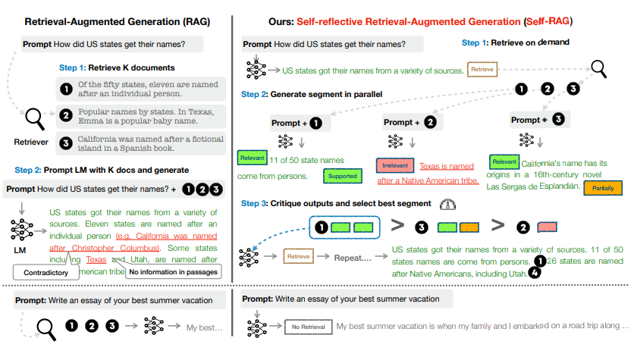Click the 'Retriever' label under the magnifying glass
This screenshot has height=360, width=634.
tap(32, 141)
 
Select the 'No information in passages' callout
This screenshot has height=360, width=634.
tap(174, 271)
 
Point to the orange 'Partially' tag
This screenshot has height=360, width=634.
tap(604, 188)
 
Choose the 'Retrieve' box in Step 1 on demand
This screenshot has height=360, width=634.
tap(483, 70)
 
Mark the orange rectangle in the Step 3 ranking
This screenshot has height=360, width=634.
tap(469, 226)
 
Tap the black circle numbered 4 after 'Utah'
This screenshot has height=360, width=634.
tap(537, 275)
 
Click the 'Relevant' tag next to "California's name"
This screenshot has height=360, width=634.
tap(504, 162)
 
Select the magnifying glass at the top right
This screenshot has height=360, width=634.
tap(600, 70)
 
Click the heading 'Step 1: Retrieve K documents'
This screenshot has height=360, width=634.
tap(117, 68)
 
